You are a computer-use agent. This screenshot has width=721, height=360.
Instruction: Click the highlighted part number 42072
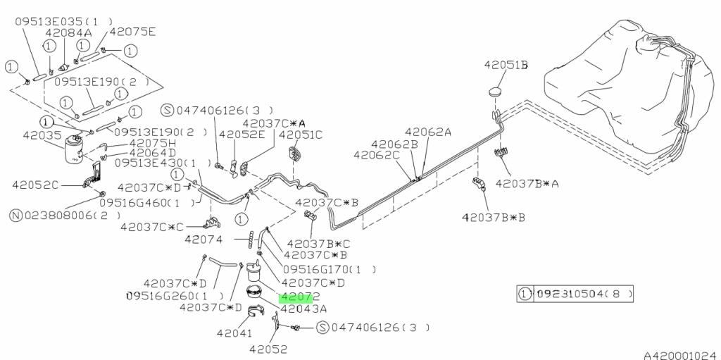click(x=300, y=297)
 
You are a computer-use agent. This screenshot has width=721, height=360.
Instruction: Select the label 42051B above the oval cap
click(x=506, y=66)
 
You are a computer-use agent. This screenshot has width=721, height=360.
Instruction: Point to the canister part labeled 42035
click(x=73, y=149)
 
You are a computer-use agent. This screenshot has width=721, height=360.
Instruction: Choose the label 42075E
click(x=132, y=31)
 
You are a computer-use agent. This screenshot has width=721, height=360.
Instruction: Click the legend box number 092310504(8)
click(x=582, y=293)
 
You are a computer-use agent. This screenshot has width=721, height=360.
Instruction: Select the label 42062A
click(x=427, y=132)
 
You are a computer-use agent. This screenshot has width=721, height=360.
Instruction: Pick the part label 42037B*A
click(x=527, y=184)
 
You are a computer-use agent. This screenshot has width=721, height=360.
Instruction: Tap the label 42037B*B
click(x=493, y=217)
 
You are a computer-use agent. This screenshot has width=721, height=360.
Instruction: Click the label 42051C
click(x=301, y=135)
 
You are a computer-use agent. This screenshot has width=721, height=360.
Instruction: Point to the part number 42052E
click(x=242, y=135)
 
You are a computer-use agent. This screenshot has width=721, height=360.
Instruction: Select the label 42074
click(x=203, y=240)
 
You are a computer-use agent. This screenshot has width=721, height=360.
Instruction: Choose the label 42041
click(x=234, y=333)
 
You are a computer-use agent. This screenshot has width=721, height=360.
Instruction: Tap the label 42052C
click(x=35, y=185)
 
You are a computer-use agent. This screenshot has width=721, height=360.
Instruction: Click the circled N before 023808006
click(x=16, y=215)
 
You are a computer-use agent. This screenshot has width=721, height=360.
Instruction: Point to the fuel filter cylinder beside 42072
click(x=253, y=272)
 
